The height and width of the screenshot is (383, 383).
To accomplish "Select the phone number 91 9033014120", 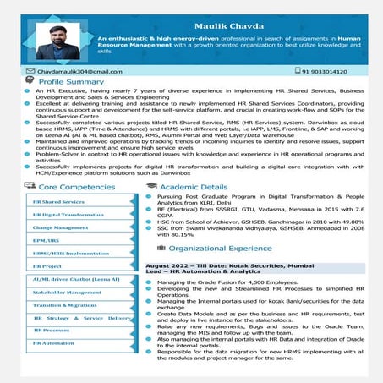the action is tap(324, 71).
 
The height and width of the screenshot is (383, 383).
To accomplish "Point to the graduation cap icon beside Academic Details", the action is tap(151, 185).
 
